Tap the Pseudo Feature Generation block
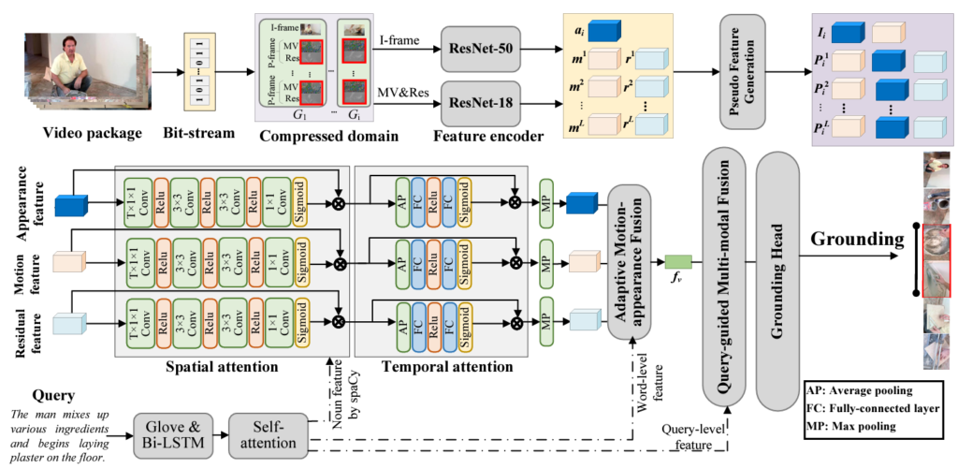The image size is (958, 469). [x=736, y=75]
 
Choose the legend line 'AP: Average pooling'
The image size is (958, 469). [x=870, y=389]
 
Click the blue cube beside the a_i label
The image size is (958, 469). [x=610, y=31]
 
